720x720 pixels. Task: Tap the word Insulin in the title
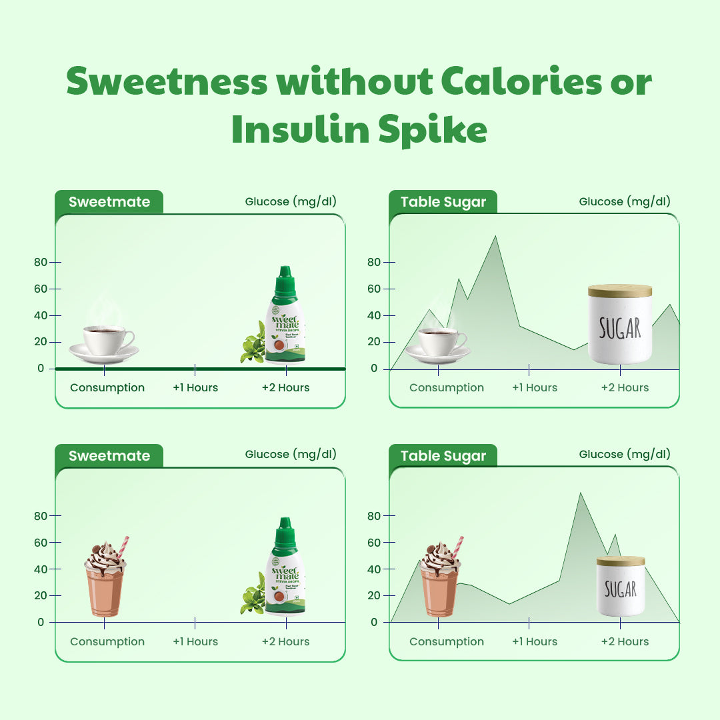pyautogui.click(x=299, y=131)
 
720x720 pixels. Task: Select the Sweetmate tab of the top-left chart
pyautogui.click(x=109, y=202)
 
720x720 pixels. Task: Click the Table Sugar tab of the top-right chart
pyautogui.click(x=443, y=202)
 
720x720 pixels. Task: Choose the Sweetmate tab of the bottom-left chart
pyautogui.click(x=109, y=456)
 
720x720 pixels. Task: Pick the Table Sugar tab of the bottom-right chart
pyautogui.click(x=443, y=456)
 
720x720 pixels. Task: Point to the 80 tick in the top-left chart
pyautogui.click(x=41, y=262)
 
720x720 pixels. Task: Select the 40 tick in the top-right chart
pyautogui.click(x=373, y=315)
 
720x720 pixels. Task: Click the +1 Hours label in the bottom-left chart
pyautogui.click(x=195, y=641)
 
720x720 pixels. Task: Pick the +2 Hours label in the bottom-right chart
pyautogui.click(x=624, y=641)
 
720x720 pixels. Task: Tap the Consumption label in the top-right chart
pyautogui.click(x=446, y=387)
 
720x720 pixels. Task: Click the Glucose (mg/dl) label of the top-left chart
pyautogui.click(x=291, y=201)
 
